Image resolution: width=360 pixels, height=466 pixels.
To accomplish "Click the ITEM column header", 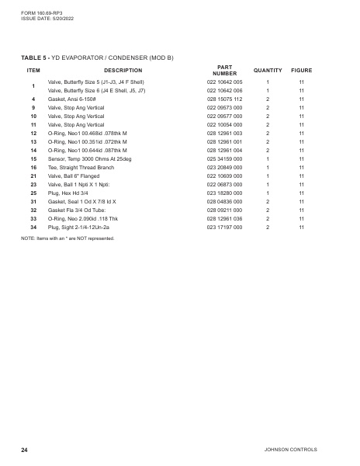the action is [x=33, y=71].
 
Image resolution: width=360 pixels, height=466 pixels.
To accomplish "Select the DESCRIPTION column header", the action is [x=123, y=71].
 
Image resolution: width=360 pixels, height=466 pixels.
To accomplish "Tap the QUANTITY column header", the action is [x=268, y=71].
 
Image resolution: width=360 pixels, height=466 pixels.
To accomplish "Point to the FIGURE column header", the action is [x=301, y=71].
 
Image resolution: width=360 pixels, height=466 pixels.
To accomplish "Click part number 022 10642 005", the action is [x=224, y=82].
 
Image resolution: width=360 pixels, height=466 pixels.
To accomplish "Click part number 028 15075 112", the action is [x=224, y=99].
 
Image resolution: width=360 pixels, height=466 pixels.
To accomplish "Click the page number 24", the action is [x=25, y=450].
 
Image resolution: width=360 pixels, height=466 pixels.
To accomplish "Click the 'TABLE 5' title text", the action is [x=36, y=57].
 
